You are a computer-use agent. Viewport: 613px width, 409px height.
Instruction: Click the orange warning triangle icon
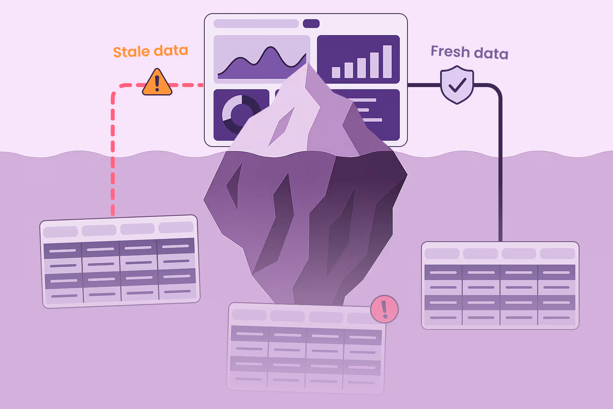157,83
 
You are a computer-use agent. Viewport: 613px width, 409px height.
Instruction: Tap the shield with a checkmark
457,85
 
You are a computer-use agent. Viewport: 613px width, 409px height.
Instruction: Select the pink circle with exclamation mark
384,309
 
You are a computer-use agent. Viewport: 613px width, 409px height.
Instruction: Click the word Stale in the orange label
131,52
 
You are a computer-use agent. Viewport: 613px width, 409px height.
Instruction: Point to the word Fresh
450,52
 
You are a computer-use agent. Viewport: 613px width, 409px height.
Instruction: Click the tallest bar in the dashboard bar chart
387,62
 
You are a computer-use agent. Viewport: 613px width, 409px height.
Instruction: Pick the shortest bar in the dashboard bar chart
336,72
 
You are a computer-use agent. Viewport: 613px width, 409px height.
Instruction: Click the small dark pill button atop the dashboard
311,24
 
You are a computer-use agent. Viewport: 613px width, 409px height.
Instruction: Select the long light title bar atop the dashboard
256,24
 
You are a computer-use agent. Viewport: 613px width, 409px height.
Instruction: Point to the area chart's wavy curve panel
261,59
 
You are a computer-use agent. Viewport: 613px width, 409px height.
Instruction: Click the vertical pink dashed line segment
113,160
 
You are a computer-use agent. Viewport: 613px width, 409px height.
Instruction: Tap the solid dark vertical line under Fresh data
500,168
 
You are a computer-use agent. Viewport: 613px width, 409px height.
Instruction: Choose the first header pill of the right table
442,254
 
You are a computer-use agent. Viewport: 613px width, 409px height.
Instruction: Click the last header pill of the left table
176,228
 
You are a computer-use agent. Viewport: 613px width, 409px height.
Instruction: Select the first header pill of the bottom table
249,315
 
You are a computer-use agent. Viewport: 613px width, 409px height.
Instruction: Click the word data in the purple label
491,54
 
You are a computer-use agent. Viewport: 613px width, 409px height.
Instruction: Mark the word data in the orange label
171,51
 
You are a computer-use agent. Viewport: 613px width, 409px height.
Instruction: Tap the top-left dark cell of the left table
63,251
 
